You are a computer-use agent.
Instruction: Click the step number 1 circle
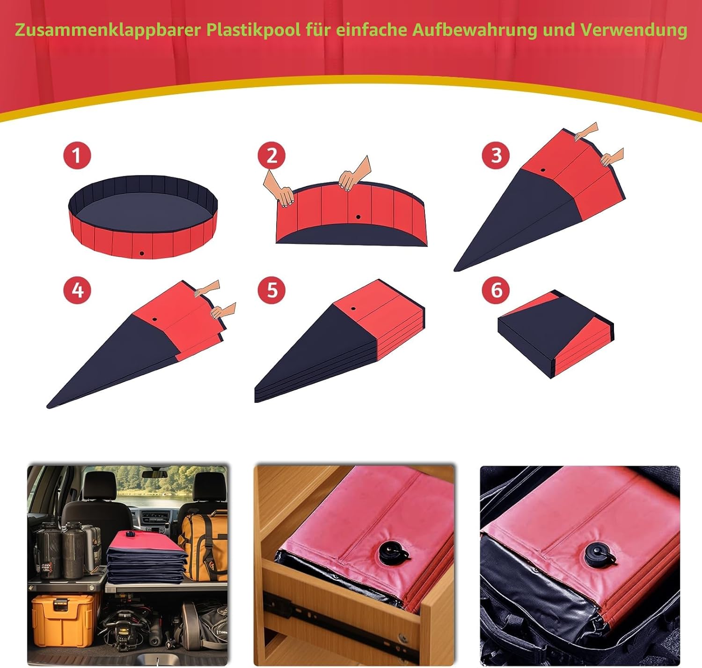(77, 156)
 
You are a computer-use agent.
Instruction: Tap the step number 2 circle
(271, 156)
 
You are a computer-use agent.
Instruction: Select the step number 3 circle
(496, 156)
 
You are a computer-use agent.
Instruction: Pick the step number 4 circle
(77, 290)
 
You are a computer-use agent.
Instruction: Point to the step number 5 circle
(271, 290)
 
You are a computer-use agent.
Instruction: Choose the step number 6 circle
(496, 290)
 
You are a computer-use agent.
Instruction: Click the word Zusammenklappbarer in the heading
(108, 30)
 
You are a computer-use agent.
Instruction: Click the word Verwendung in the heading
(634, 30)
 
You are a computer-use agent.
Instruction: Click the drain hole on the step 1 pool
(142, 253)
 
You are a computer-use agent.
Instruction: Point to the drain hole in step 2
(358, 217)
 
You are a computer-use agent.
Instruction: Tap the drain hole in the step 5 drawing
(353, 308)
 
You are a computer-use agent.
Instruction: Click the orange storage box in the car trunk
(63, 618)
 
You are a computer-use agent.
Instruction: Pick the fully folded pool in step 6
(556, 334)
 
